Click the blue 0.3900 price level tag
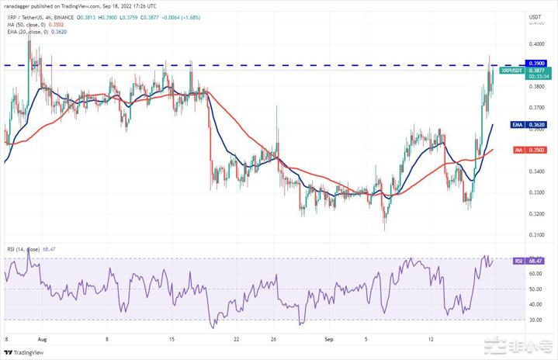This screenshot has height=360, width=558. pyautogui.click(x=534, y=63)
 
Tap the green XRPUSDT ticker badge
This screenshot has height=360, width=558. pyautogui.click(x=514, y=70)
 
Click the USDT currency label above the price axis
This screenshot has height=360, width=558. pyautogui.click(x=535, y=16)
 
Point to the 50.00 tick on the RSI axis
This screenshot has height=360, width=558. pyautogui.click(x=535, y=289)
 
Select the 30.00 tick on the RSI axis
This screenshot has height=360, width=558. pyautogui.click(x=535, y=319)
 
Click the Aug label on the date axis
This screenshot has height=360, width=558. pyautogui.click(x=42, y=339)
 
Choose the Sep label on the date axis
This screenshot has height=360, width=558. pyautogui.click(x=329, y=339)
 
